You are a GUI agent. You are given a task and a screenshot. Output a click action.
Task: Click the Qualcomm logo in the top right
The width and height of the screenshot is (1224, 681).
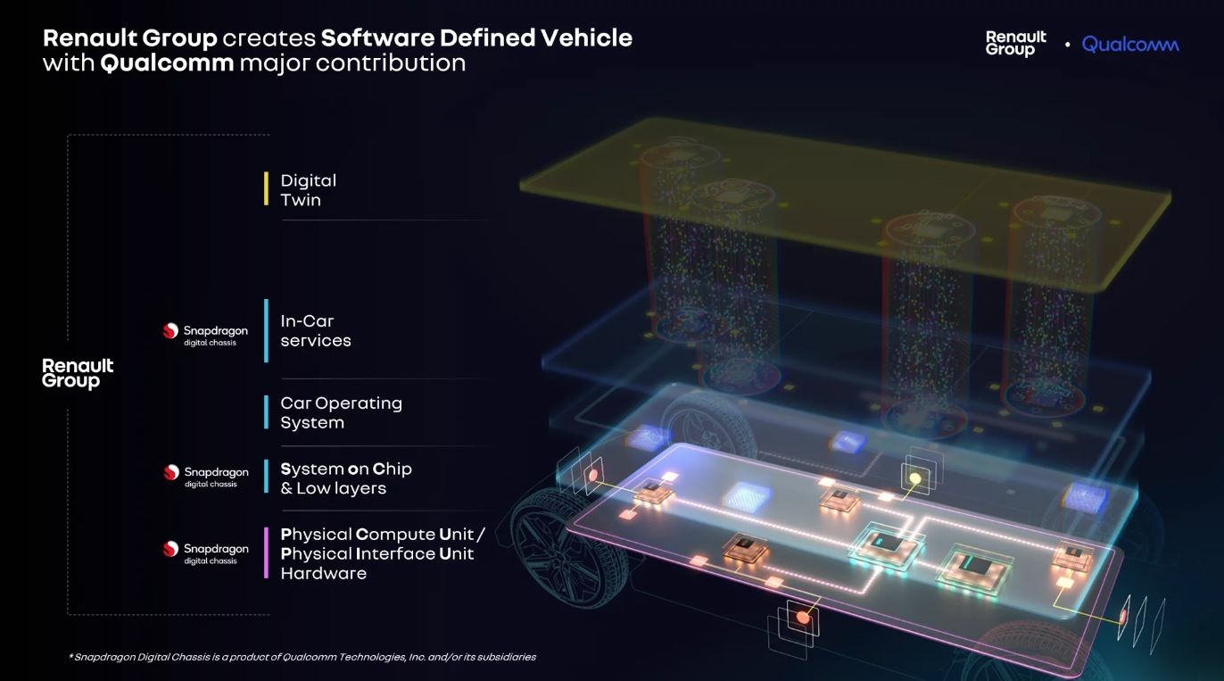[1129, 44]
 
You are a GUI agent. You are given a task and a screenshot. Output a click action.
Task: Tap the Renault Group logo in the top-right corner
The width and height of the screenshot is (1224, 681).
[1015, 43]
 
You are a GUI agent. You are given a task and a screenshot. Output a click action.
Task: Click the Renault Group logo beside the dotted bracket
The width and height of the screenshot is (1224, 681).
[78, 373]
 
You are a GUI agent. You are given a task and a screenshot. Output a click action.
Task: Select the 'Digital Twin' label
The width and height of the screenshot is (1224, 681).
[308, 190]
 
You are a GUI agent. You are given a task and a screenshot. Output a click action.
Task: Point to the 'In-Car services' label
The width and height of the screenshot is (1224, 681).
[315, 330]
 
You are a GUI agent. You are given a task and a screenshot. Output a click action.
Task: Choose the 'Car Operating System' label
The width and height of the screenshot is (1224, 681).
[341, 412]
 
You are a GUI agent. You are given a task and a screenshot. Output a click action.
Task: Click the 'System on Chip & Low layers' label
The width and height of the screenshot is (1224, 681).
[345, 478]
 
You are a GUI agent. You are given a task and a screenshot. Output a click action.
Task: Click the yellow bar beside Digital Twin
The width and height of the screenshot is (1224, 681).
[266, 189]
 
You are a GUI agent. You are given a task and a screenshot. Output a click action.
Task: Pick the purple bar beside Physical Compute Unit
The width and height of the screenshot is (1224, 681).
[266, 552]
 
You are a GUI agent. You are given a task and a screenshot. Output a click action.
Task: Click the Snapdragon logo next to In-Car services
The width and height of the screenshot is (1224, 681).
[205, 334]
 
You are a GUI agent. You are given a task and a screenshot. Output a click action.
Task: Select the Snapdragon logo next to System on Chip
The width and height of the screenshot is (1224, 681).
[206, 475]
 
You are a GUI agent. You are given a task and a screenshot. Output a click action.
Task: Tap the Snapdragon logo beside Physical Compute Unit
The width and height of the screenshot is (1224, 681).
[205, 552]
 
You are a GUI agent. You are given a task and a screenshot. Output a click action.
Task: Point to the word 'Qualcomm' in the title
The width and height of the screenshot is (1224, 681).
[168, 63]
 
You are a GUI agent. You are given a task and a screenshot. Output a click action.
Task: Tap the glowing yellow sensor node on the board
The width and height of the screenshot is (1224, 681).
[914, 479]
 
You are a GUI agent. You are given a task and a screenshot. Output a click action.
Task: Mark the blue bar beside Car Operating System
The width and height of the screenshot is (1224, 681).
[266, 411]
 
